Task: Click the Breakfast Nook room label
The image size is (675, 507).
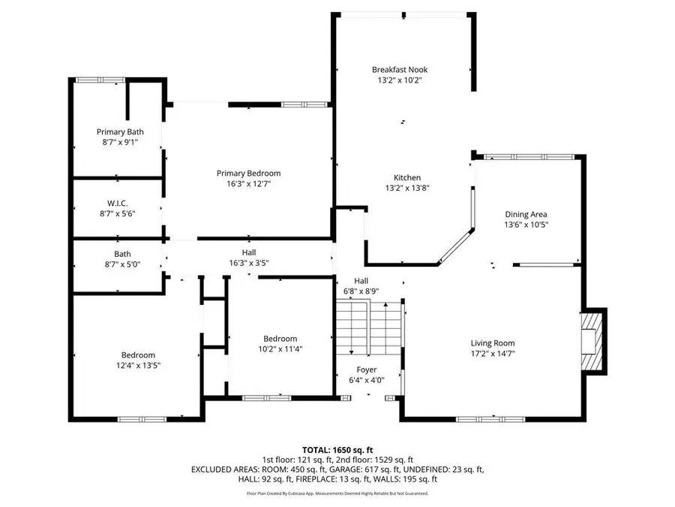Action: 400,69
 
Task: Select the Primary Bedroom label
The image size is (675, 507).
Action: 248,173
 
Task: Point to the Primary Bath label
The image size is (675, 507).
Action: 119,131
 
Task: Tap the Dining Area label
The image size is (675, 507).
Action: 525,214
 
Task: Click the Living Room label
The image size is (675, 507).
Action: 492,343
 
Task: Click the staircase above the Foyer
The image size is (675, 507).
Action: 369,327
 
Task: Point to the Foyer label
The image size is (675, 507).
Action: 366,370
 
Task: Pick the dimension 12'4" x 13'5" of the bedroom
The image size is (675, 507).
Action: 138,366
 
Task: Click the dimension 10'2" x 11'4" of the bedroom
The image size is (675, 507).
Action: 280,349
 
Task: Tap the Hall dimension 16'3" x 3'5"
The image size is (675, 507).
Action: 248,263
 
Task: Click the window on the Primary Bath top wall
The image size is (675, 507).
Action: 100,80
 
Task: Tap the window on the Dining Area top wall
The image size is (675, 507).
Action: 529,157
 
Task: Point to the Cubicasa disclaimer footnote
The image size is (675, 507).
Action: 337,493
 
